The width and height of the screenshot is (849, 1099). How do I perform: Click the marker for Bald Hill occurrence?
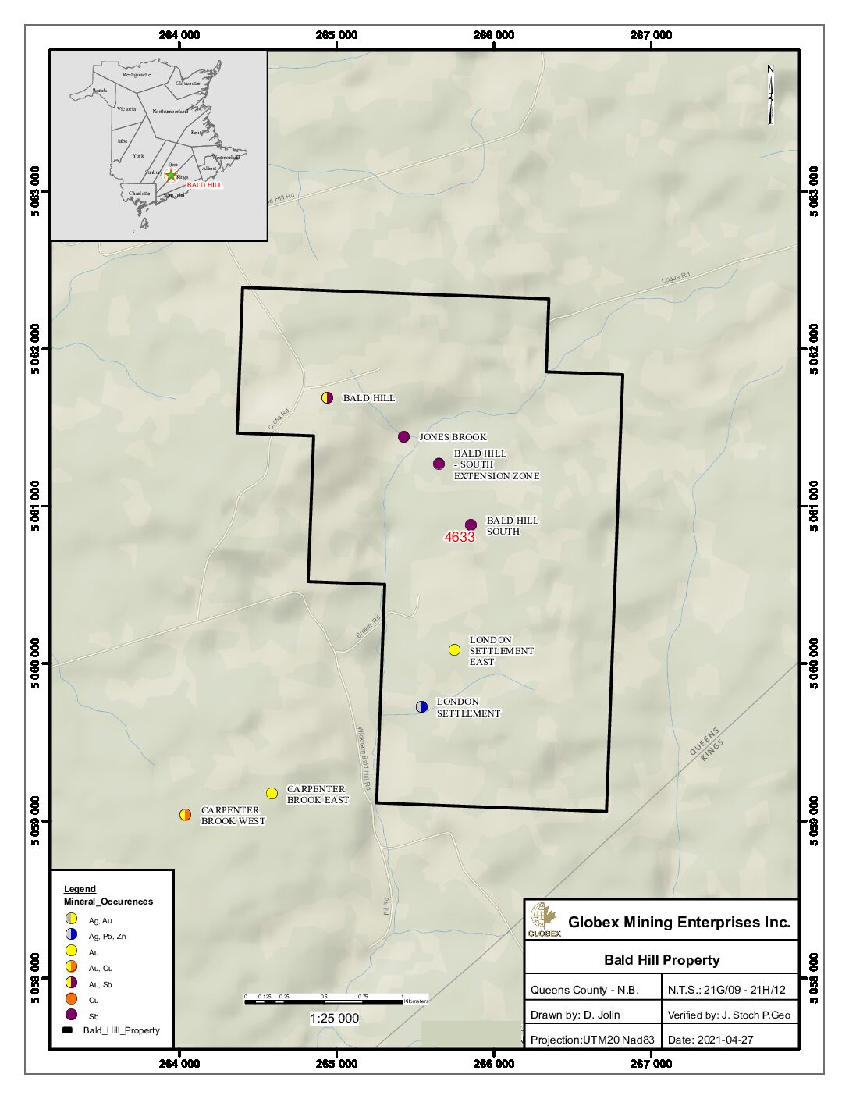[328, 397]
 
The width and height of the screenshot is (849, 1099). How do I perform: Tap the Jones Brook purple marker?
[403, 437]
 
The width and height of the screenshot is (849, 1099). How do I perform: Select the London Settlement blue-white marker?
[421, 707]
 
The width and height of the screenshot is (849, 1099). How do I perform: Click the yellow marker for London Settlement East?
[455, 650]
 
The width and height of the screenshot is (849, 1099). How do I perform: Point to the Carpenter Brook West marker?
[185, 815]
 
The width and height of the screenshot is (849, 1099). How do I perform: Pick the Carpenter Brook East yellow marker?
[272, 794]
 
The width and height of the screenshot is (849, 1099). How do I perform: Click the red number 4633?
[460, 537]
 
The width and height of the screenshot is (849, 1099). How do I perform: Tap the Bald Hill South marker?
[471, 525]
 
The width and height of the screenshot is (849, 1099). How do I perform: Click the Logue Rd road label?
[676, 277]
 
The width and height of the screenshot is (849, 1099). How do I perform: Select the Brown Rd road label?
[368, 628]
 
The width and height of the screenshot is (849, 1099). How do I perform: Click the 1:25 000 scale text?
[334, 1018]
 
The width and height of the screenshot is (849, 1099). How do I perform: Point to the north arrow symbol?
[770, 95]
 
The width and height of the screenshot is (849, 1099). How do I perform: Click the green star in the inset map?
[171, 176]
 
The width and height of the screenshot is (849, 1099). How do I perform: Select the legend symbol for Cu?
[71, 999]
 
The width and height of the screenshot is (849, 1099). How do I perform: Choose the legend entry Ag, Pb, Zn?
[107, 936]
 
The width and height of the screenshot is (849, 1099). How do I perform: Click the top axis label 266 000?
[494, 35]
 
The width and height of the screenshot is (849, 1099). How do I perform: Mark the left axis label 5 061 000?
[35, 507]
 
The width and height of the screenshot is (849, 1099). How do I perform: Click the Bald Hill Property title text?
[662, 960]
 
